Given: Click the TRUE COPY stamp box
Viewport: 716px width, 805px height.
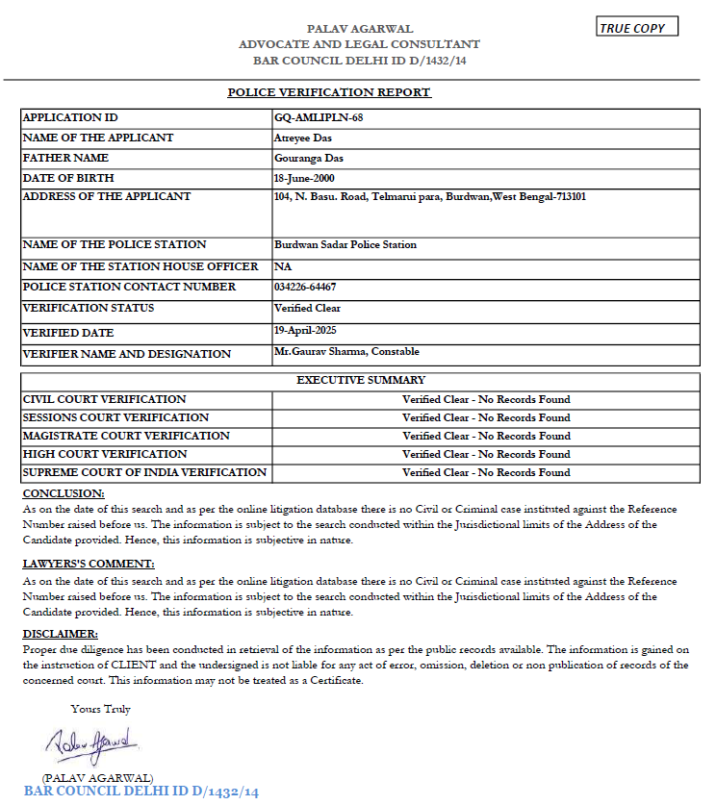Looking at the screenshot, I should pos(637,28).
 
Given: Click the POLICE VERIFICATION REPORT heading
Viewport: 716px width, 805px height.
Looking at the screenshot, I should pos(329,92).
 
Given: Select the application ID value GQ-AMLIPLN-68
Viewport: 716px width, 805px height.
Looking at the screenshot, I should pos(305,117).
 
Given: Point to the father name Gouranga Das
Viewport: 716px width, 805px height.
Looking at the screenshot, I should pos(309,158).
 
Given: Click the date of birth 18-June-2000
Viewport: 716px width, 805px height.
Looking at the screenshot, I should pos(305,178).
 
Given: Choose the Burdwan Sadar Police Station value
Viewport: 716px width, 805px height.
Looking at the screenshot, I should pos(345,244).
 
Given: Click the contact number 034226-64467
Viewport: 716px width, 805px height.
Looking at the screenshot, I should pos(305,287).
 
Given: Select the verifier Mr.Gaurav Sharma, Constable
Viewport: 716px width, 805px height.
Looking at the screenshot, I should pos(346,352).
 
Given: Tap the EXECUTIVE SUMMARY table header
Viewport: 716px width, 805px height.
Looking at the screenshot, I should pos(361,380).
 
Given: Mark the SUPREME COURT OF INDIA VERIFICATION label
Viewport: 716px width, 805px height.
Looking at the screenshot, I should pos(144,472).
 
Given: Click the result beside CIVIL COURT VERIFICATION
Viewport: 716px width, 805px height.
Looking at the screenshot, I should pos(486,399).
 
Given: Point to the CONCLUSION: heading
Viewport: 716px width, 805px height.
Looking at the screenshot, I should pos(64,493).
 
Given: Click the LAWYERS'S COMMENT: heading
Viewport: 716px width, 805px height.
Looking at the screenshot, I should pos(88,564).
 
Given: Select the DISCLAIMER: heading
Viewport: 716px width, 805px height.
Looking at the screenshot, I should pos(60,634).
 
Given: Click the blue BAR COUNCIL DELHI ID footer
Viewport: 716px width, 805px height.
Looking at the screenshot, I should pos(141,792).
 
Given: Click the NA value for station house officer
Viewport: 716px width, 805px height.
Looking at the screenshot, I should pos(283,266).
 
